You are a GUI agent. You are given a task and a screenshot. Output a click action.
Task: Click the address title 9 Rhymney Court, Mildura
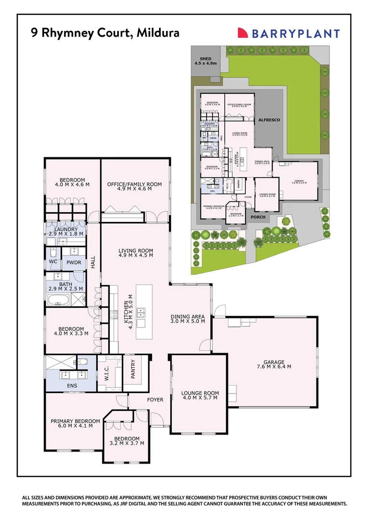click(105, 33)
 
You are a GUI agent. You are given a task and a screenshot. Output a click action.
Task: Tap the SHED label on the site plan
click(206, 61)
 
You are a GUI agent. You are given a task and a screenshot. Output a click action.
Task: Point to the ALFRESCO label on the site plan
click(269, 119)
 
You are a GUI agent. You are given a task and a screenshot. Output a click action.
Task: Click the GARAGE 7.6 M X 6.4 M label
click(274, 365)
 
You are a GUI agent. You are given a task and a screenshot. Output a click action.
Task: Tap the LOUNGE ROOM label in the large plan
click(200, 396)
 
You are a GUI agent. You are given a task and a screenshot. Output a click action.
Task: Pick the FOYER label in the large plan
click(155, 400)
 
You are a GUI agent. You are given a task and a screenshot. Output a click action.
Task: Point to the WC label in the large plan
click(53, 261)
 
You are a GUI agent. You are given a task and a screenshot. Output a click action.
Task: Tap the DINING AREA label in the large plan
click(188, 319)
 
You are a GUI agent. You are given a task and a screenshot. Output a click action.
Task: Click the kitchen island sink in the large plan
click(142, 312)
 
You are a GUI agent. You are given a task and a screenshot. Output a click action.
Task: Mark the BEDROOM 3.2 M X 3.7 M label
click(127, 440)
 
